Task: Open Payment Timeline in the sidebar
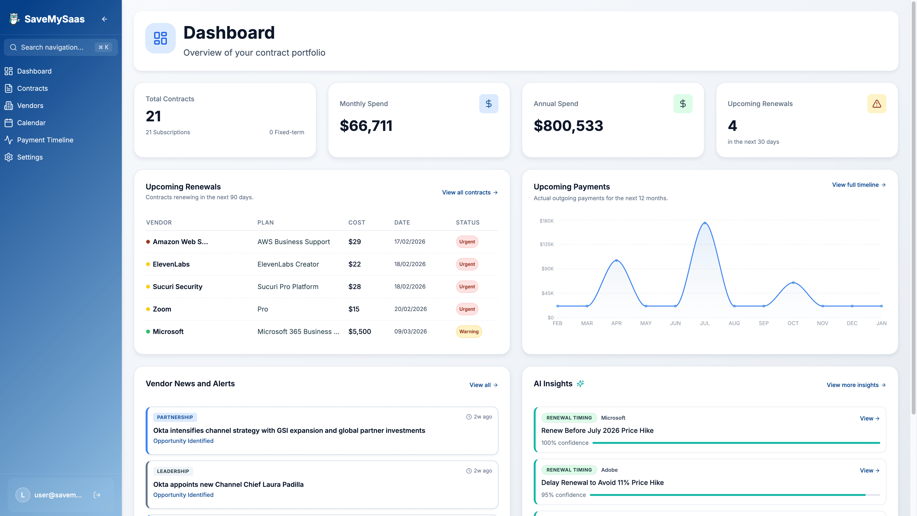pyautogui.click(x=45, y=140)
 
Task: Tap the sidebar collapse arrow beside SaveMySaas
pyautogui.click(x=104, y=19)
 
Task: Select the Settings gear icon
pyautogui.click(x=9, y=157)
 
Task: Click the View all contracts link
pyautogui.click(x=469, y=192)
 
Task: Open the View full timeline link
pyautogui.click(x=858, y=185)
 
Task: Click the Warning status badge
pyautogui.click(x=469, y=332)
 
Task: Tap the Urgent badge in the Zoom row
pyautogui.click(x=467, y=309)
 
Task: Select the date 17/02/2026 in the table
pyautogui.click(x=409, y=242)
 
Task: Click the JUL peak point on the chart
pyautogui.click(x=704, y=223)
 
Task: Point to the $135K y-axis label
pyautogui.click(x=546, y=244)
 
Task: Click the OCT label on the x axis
pyautogui.click(x=793, y=323)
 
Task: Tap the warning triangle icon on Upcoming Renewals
pyautogui.click(x=876, y=104)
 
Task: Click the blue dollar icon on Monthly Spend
pyautogui.click(x=488, y=104)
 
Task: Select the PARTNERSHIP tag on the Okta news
pyautogui.click(x=175, y=417)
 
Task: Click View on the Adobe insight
pyautogui.click(x=869, y=470)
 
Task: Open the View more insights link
pyautogui.click(x=855, y=385)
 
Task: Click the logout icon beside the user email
pyautogui.click(x=97, y=495)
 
